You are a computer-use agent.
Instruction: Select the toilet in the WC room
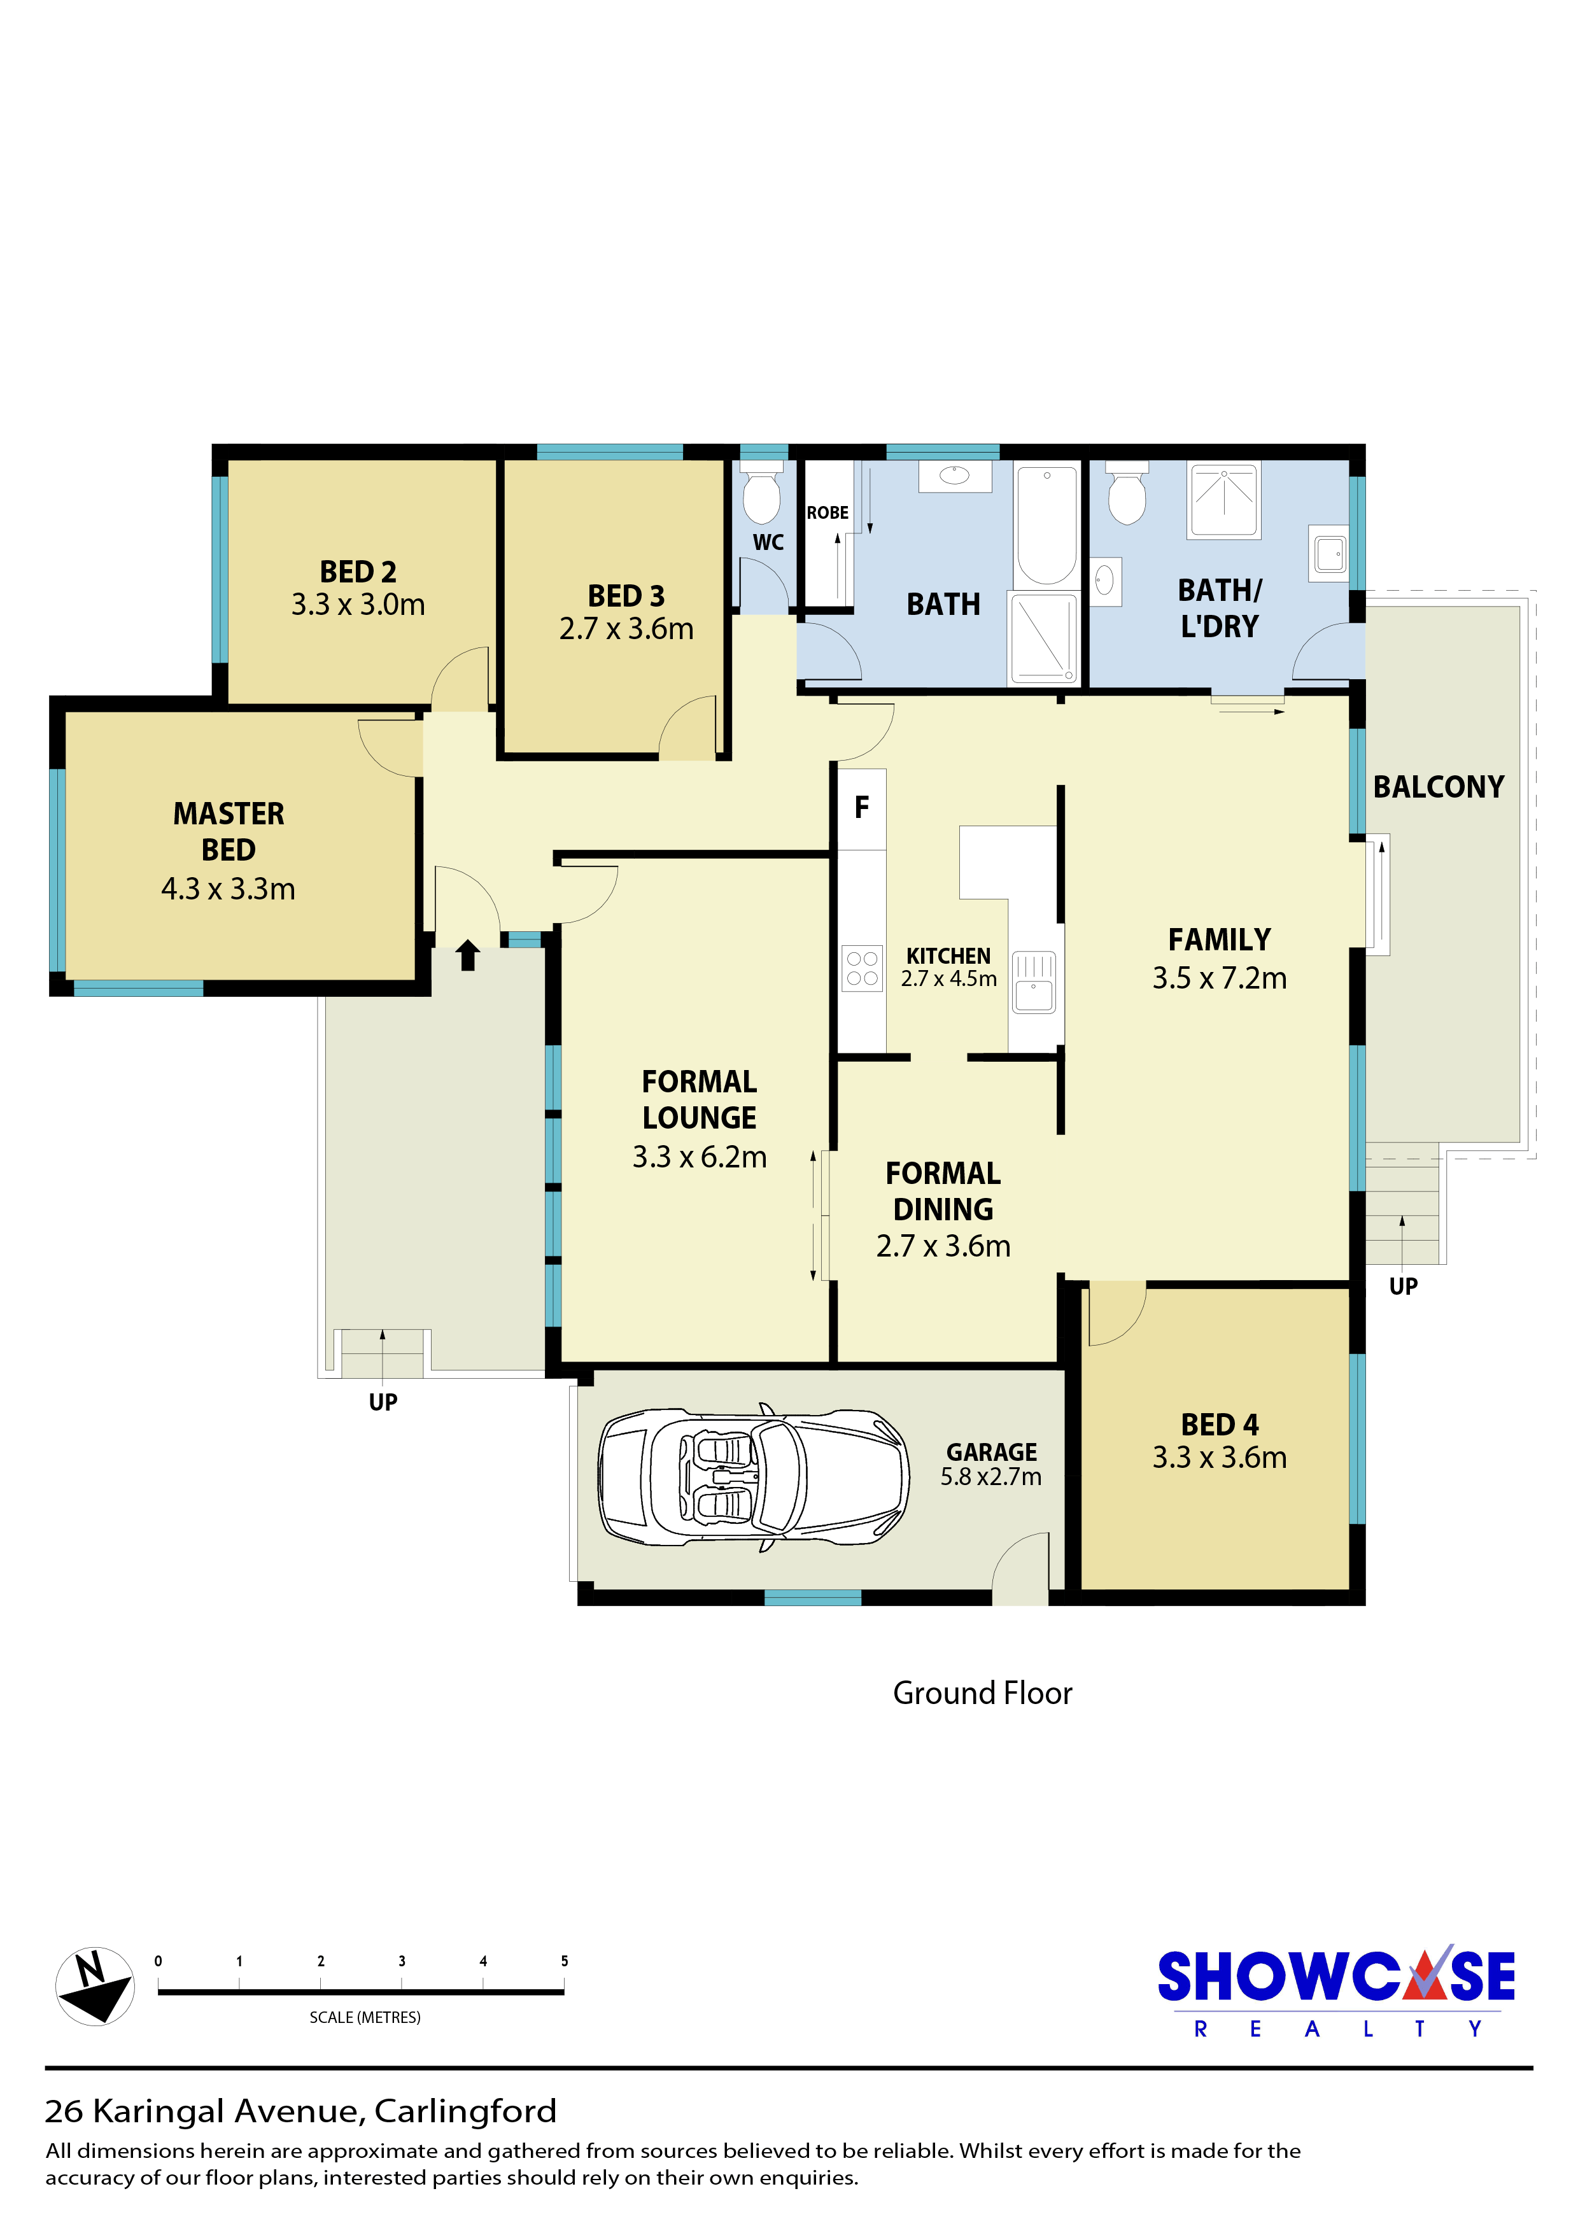[x=761, y=493]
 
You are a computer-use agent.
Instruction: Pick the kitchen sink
[x=1034, y=982]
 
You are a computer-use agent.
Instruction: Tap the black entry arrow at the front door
[x=468, y=955]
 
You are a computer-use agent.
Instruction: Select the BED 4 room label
[x=1219, y=1424]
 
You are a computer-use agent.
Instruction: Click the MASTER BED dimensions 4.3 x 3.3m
[x=229, y=888]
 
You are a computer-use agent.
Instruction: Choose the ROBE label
[x=828, y=512]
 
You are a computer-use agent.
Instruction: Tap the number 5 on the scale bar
[x=564, y=1961]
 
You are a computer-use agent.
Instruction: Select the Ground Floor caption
[x=982, y=1693]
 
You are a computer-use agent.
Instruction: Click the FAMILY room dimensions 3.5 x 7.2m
[x=1219, y=978]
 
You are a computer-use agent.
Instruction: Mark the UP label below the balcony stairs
[x=1403, y=1286]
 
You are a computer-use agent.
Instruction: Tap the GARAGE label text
[x=992, y=1452]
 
